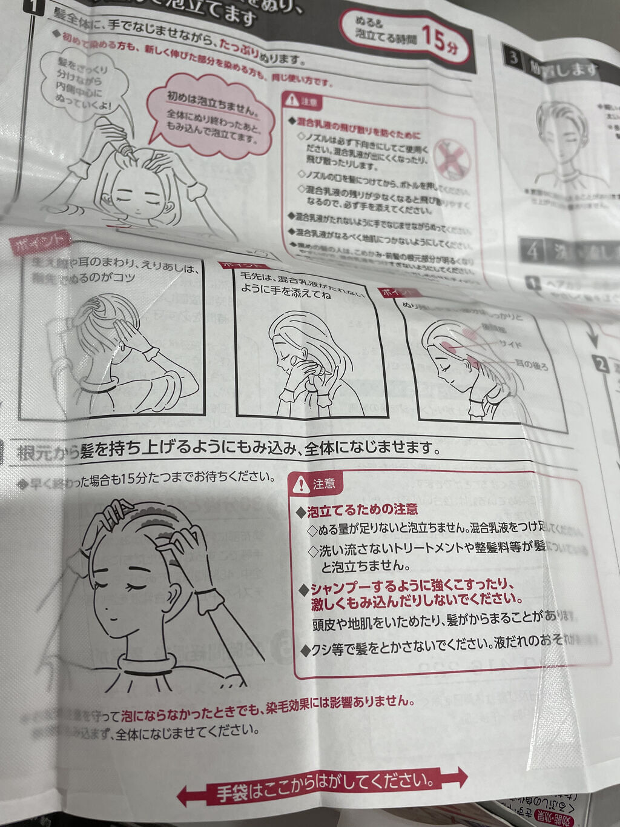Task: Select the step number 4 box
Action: [533, 250]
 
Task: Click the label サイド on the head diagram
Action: [509, 344]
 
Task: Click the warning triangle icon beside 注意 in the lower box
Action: [301, 483]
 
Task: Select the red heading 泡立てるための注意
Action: [362, 510]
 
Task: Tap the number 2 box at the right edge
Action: [601, 365]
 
